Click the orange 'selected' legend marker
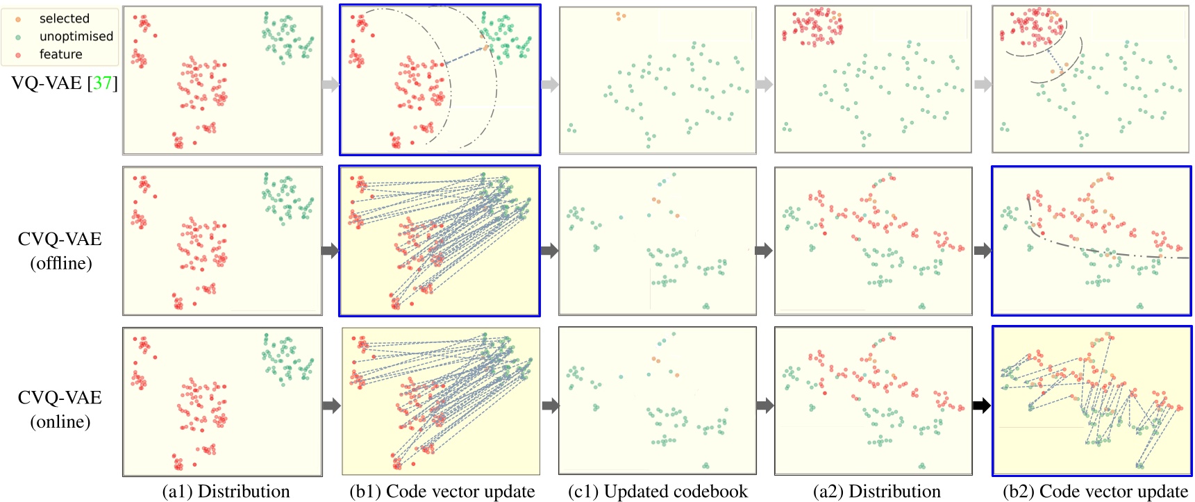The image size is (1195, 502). tap(19, 19)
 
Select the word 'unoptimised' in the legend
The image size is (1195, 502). tap(76, 36)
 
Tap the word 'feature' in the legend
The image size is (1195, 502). tap(60, 54)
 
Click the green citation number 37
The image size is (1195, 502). tap(102, 83)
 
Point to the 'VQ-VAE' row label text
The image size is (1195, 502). tap(47, 83)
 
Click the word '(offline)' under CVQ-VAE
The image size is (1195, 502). tap(60, 263)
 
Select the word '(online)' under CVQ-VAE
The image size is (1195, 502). tap(60, 421)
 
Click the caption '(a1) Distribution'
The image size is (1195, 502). tap(226, 492)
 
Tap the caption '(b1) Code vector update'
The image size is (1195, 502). tap(442, 492)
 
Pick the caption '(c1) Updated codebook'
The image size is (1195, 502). tap(658, 492)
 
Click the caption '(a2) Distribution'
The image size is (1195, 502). tap(876, 492)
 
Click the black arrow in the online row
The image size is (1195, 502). tap(981, 405)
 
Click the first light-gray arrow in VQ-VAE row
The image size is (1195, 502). tap(331, 85)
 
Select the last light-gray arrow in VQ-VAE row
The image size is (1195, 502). tap(983, 85)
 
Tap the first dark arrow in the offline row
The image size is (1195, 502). tap(331, 250)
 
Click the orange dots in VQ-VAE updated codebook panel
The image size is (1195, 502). tap(620, 15)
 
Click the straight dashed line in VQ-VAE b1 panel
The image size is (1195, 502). tap(464, 56)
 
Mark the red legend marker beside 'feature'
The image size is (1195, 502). tap(19, 55)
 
